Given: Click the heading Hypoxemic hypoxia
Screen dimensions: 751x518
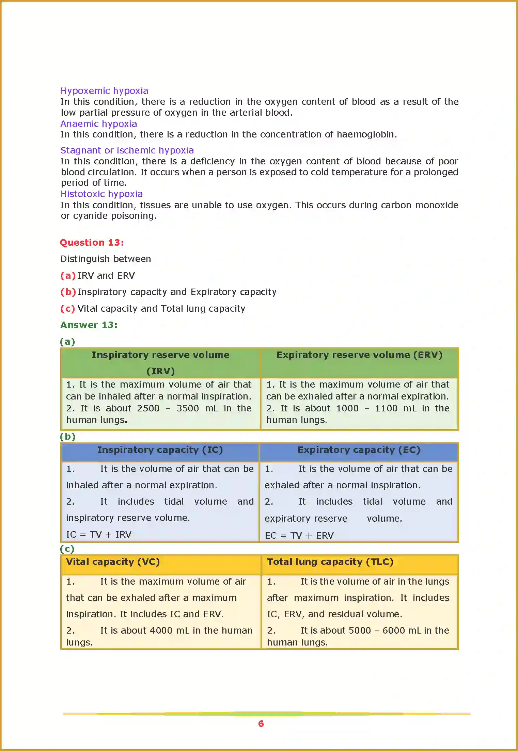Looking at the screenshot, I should [104, 91].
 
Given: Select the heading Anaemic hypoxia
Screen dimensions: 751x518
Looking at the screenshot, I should [99, 124].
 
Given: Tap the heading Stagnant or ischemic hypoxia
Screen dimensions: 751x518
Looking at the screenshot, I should [127, 150].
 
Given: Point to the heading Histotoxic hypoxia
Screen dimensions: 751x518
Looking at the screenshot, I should [101, 194].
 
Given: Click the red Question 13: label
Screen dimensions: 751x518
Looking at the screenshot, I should [92, 243].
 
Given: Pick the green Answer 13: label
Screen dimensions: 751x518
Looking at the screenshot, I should [89, 325].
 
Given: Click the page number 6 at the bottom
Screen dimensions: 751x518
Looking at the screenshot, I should [261, 723].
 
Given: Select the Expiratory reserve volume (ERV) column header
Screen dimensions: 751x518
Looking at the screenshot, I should [359, 355].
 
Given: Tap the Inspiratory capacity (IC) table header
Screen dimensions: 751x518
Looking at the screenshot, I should [160, 450].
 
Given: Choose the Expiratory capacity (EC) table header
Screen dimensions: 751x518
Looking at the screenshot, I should [359, 450].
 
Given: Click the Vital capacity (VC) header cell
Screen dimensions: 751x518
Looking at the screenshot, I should [113, 562].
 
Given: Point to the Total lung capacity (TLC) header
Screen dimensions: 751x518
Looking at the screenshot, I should [330, 562].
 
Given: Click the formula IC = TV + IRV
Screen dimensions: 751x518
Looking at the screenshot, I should [99, 535].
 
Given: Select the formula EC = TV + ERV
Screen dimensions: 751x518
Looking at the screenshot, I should [299, 536].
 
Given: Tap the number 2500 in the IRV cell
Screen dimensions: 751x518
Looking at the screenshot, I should [148, 408].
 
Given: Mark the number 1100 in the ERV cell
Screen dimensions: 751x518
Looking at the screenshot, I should [386, 408].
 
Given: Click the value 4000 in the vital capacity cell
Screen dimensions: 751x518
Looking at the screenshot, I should [161, 631].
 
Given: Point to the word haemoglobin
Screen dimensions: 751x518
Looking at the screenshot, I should [366, 134].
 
